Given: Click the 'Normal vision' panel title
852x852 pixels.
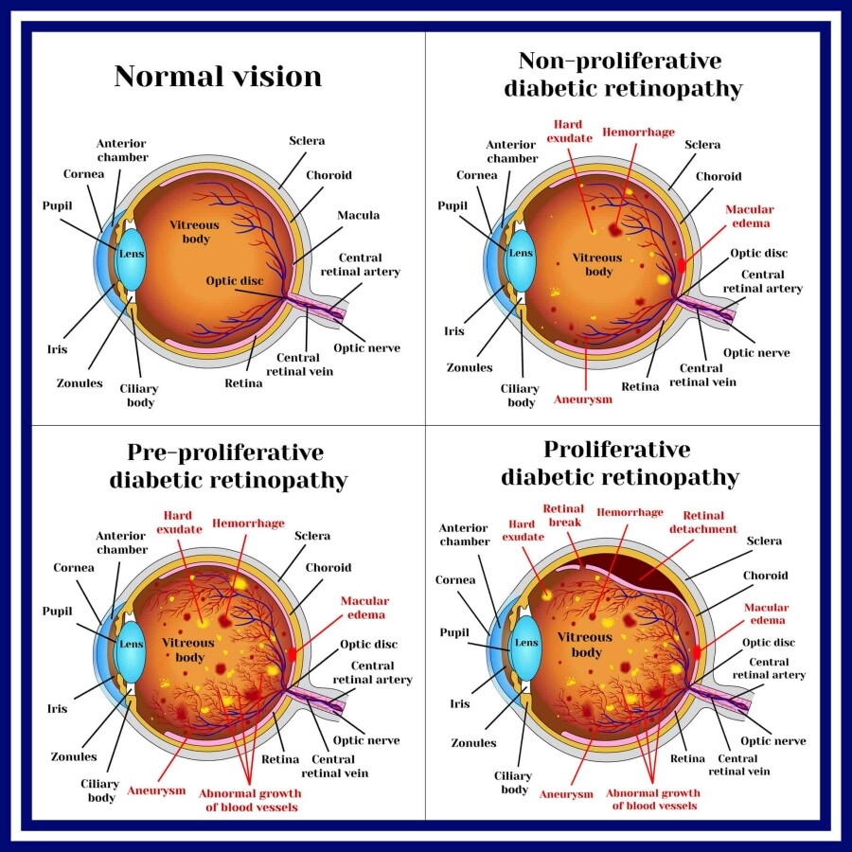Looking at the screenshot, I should point(218,76).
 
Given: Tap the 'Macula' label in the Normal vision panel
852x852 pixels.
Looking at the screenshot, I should point(359,216).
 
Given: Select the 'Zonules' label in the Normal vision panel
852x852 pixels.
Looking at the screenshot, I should point(79,383).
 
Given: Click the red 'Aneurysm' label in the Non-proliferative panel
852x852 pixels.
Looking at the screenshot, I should point(582,399).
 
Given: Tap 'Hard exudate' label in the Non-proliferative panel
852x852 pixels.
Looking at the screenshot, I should point(568,131).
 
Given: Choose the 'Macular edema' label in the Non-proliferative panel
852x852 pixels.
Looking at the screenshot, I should point(748,216).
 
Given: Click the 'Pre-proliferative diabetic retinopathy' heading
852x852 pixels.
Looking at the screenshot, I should point(228,465).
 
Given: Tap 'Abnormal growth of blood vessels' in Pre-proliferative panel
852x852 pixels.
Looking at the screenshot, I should point(252,800).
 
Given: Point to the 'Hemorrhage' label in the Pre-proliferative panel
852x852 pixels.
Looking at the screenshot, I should point(248,523).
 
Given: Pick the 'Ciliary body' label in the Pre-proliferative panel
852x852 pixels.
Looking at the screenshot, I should point(99,790).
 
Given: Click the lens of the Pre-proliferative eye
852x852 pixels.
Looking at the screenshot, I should point(131,642).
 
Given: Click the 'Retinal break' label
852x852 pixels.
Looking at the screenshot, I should point(564,515).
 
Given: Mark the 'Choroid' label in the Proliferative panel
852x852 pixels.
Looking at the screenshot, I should point(766,576).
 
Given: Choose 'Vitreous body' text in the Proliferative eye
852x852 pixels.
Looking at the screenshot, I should point(586,645).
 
